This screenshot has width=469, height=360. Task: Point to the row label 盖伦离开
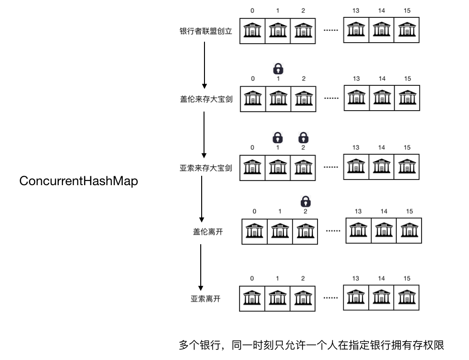(x=206, y=231)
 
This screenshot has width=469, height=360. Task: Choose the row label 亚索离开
(x=205, y=299)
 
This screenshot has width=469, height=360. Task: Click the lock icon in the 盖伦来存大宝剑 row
(x=278, y=69)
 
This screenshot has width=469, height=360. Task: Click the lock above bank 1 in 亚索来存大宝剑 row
(x=278, y=137)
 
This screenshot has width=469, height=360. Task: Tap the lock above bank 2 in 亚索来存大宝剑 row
(x=303, y=137)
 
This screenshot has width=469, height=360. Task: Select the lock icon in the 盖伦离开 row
(x=305, y=201)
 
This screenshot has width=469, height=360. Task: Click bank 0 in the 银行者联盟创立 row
(x=252, y=31)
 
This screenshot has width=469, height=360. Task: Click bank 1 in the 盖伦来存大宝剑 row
(x=278, y=99)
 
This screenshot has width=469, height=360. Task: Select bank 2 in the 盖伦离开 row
(x=305, y=231)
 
